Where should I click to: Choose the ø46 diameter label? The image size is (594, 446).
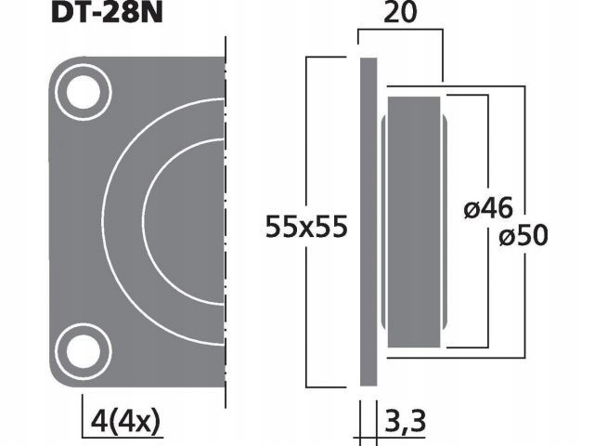pyautogui.click(x=486, y=211)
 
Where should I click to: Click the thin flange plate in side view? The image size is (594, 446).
pyautogui.click(x=368, y=222)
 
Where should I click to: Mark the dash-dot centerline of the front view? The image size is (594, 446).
pyautogui.click(x=226, y=223)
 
